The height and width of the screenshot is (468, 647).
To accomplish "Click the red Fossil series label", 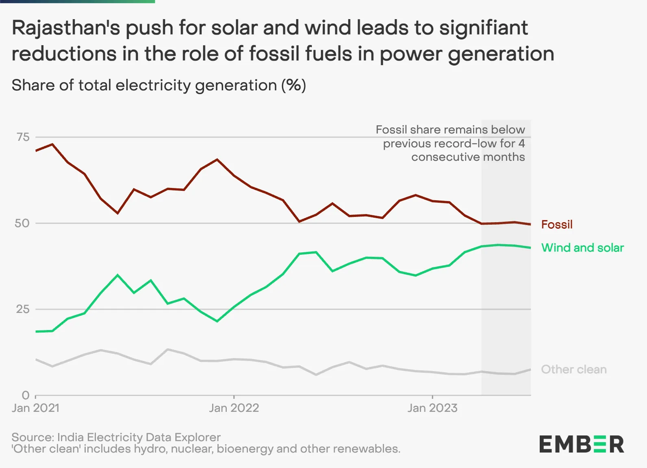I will [x=556, y=224].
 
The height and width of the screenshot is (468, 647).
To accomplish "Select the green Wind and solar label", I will [x=582, y=247].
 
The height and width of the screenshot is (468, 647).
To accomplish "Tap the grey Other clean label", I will [x=573, y=369].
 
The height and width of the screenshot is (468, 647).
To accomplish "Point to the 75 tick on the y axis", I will [x=23, y=137].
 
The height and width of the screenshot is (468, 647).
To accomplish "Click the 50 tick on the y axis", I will [x=22, y=223].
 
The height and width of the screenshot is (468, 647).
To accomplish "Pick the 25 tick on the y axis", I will [x=23, y=309].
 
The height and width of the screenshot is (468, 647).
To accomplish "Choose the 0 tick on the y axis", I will [x=26, y=395].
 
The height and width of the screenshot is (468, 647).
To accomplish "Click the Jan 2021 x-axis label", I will [x=36, y=408].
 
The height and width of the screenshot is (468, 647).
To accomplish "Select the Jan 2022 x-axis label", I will [x=234, y=408].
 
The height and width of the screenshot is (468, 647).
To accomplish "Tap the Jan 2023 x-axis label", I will [x=432, y=408].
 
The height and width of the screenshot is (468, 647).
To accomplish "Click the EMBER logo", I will [x=582, y=444].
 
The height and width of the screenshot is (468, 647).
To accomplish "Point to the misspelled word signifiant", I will [x=483, y=28].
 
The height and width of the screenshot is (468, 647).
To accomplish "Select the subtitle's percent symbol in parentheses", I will [x=294, y=85].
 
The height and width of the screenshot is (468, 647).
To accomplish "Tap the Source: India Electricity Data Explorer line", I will [x=116, y=437].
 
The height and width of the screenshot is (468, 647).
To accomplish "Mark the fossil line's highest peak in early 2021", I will [x=52, y=144].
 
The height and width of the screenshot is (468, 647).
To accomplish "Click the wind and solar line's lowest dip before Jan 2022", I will [x=217, y=321].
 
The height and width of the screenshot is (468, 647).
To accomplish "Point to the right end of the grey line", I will [x=530, y=370].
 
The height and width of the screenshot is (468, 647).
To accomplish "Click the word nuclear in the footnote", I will [x=193, y=449].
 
